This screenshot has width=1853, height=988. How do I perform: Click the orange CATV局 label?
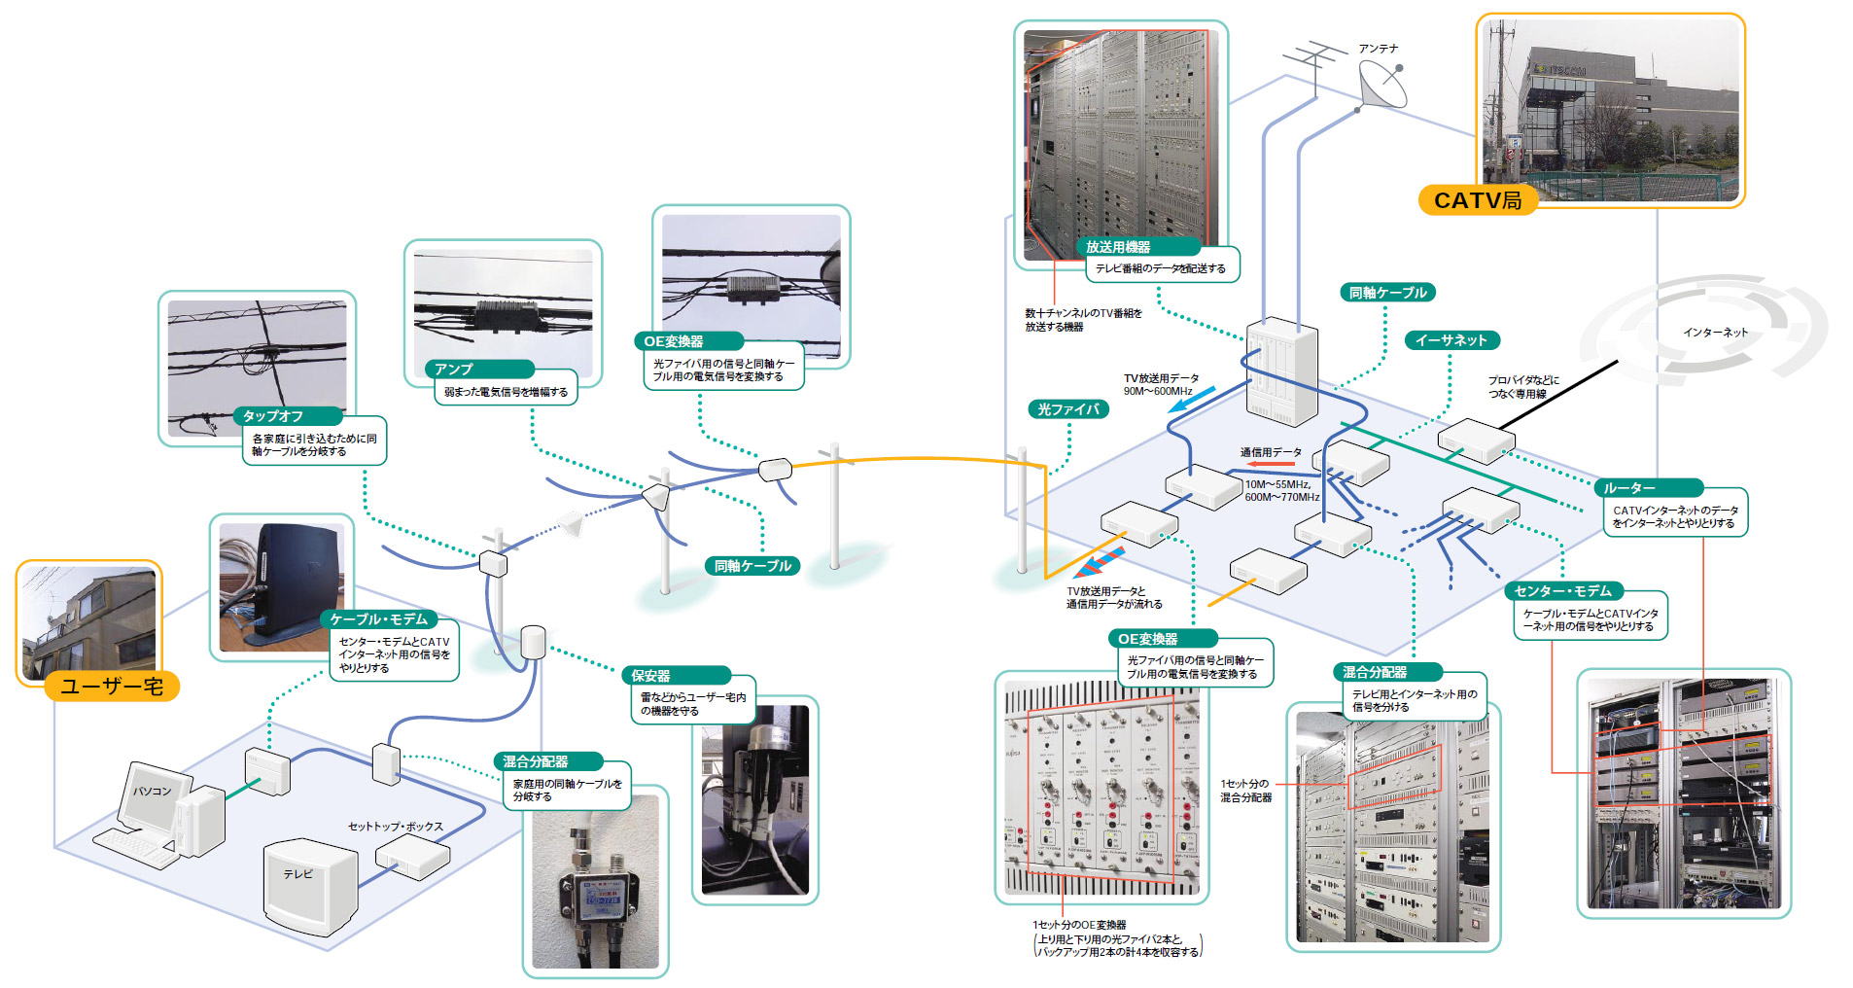(1477, 200)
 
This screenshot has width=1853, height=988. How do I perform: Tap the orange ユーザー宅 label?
(112, 687)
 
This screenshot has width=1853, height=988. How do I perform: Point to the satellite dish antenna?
(1382, 86)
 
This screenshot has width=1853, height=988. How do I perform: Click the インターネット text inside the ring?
(1715, 333)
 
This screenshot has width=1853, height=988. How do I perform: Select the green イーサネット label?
(1451, 340)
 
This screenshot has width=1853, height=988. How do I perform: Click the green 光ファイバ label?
(1067, 409)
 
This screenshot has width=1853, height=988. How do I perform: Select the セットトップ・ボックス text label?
(396, 827)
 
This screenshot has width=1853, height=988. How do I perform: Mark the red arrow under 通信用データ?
(1271, 465)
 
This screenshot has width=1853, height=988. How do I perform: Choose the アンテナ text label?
(1379, 49)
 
